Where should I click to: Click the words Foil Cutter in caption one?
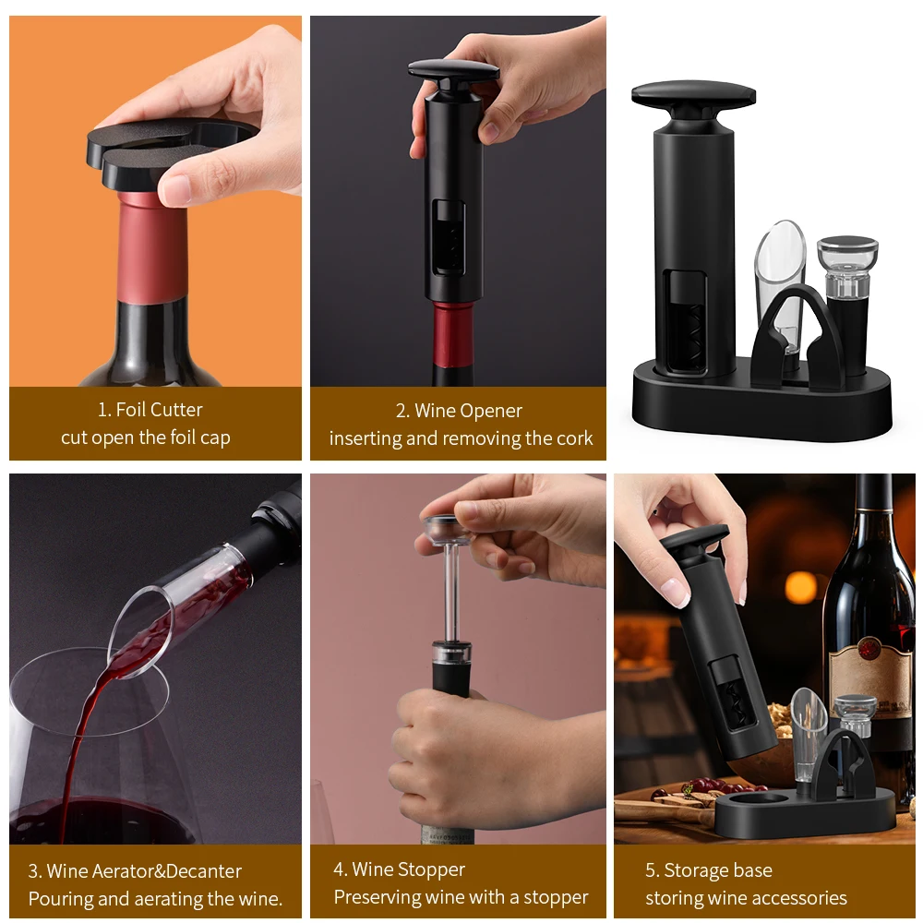[159, 410]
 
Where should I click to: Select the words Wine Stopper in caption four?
[408, 869]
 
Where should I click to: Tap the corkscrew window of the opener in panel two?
[449, 238]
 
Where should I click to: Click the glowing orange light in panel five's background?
[800, 587]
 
